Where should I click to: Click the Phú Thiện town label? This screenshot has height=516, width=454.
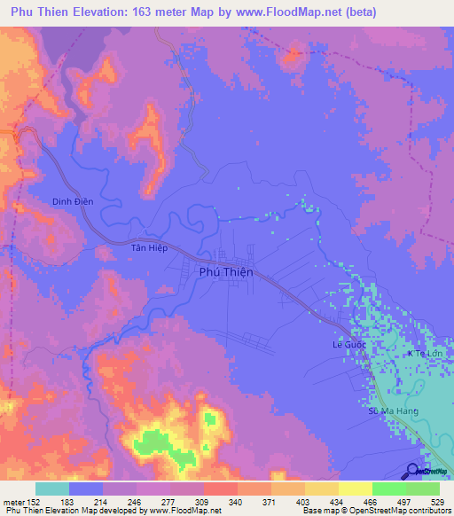click(x=225, y=273)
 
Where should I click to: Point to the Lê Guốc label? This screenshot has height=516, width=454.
click(x=349, y=344)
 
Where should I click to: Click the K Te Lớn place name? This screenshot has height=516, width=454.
click(x=424, y=355)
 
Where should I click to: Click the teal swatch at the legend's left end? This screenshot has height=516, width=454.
click(x=52, y=489)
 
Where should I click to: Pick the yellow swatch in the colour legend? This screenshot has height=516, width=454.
click(x=356, y=489)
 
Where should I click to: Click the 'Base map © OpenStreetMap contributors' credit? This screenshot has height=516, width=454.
click(x=375, y=511)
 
